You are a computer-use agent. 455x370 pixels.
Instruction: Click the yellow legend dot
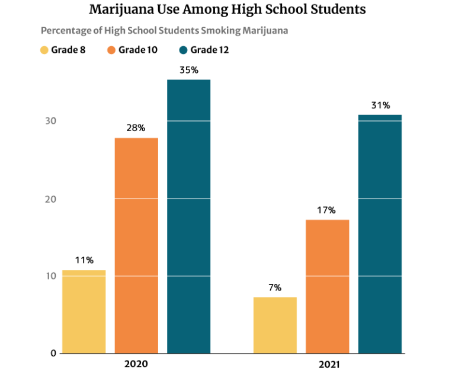[x=44, y=50]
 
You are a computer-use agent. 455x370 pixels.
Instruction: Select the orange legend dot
[x=111, y=50]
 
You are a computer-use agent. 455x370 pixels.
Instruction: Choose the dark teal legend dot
[x=183, y=50]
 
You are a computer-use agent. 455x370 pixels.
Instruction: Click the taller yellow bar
[x=84, y=311]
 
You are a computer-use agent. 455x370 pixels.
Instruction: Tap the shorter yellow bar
[x=275, y=325]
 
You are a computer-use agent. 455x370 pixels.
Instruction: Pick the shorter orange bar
[x=327, y=286]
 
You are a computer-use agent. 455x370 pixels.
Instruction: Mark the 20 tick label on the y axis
[x=51, y=199]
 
